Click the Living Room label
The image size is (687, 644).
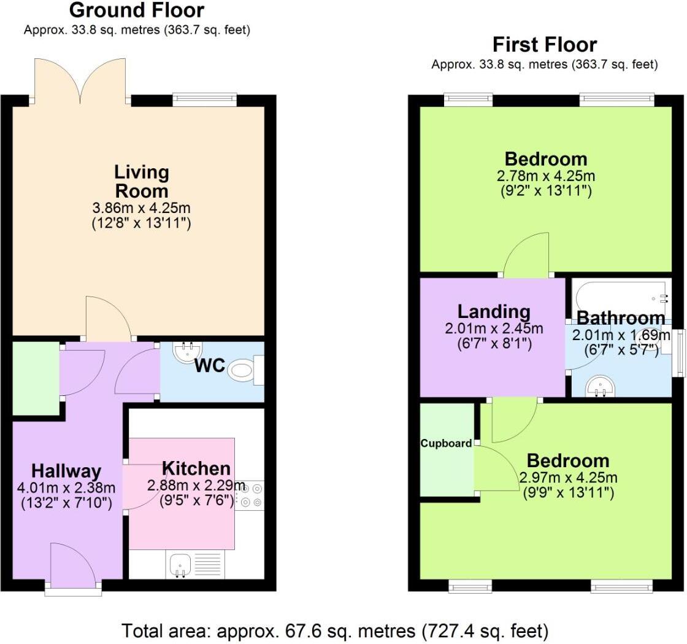coord(141,181)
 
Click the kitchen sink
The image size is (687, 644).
coord(180,564)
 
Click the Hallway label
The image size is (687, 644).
coord(66,471)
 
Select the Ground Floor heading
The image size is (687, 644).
coord(136,10)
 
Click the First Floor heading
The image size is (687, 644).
coord(545,45)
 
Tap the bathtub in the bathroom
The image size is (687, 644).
coord(620,298)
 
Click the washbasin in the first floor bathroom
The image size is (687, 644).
coord(595,386)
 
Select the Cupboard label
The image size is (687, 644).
coord(446,443)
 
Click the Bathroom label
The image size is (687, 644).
coord(621,318)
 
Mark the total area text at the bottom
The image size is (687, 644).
coord(335,630)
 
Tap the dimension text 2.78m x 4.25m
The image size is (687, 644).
coord(546,176)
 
